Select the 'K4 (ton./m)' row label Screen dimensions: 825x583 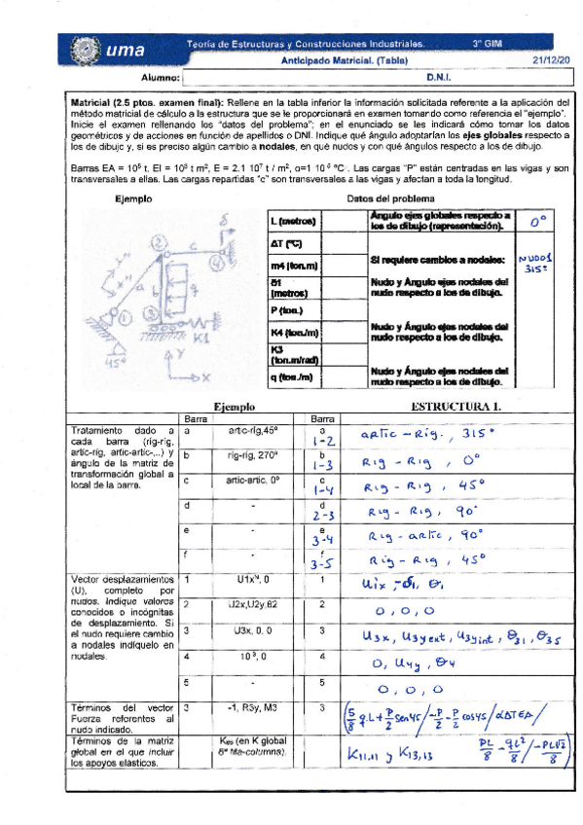tap(294, 333)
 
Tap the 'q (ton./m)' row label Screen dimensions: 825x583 tap(292, 376)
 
